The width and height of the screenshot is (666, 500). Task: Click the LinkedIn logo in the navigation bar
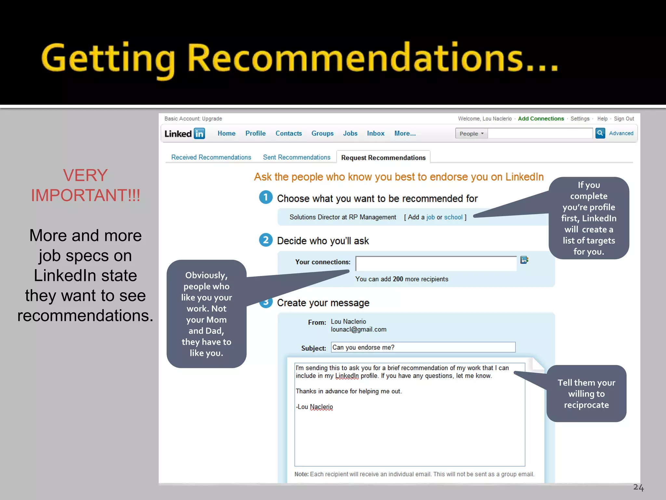(184, 133)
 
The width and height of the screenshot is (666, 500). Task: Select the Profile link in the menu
(255, 133)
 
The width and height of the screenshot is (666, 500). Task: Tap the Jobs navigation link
(350, 133)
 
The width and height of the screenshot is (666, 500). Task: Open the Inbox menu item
(376, 133)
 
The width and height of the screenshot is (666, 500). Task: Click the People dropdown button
(471, 133)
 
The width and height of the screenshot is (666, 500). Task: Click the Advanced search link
(621, 133)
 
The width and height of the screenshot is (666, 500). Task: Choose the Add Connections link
(541, 119)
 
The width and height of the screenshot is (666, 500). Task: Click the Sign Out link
(624, 119)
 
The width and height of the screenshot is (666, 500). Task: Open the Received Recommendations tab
(211, 158)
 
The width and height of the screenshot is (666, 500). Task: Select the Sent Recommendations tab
(297, 158)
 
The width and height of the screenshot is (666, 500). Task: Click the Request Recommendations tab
(383, 158)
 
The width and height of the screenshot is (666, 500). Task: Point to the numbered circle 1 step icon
(266, 197)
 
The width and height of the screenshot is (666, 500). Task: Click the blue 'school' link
(453, 217)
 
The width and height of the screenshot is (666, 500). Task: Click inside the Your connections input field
(436, 263)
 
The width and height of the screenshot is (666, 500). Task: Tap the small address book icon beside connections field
(524, 260)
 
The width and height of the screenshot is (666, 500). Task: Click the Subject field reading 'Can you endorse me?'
(423, 347)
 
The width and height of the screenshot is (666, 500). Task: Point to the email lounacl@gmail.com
(358, 329)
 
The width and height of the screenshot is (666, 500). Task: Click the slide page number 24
(638, 487)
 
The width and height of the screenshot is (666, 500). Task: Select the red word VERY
(85, 175)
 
